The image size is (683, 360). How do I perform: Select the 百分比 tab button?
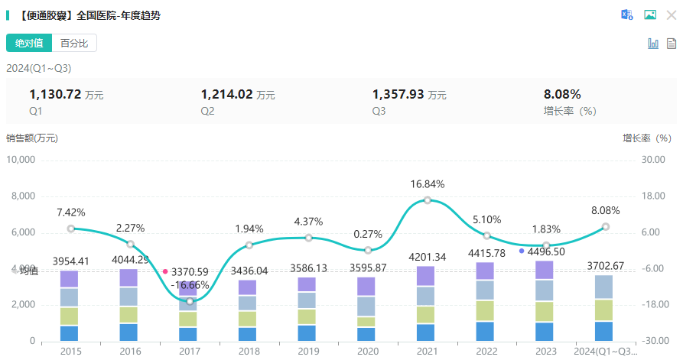click(74, 43)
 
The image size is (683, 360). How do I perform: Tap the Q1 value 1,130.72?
click(55, 95)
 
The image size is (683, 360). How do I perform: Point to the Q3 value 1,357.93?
click(398, 95)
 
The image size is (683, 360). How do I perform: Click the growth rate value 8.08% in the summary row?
click(562, 95)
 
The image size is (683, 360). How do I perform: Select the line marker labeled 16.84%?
click(427, 199)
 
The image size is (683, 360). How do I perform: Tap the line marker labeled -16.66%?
click(190, 301)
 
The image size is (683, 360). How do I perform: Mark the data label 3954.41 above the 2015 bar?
click(71, 261)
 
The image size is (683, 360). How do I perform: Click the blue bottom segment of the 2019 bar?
click(308, 333)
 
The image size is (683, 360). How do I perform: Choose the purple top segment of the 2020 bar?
click(368, 286)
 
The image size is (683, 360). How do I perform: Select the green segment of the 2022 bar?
click(486, 310)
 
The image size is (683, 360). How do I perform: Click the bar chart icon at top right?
click(653, 44)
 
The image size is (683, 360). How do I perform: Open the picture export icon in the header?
click(650, 15)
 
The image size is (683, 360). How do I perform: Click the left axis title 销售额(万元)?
click(32, 138)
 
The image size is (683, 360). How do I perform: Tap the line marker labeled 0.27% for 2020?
click(368, 250)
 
